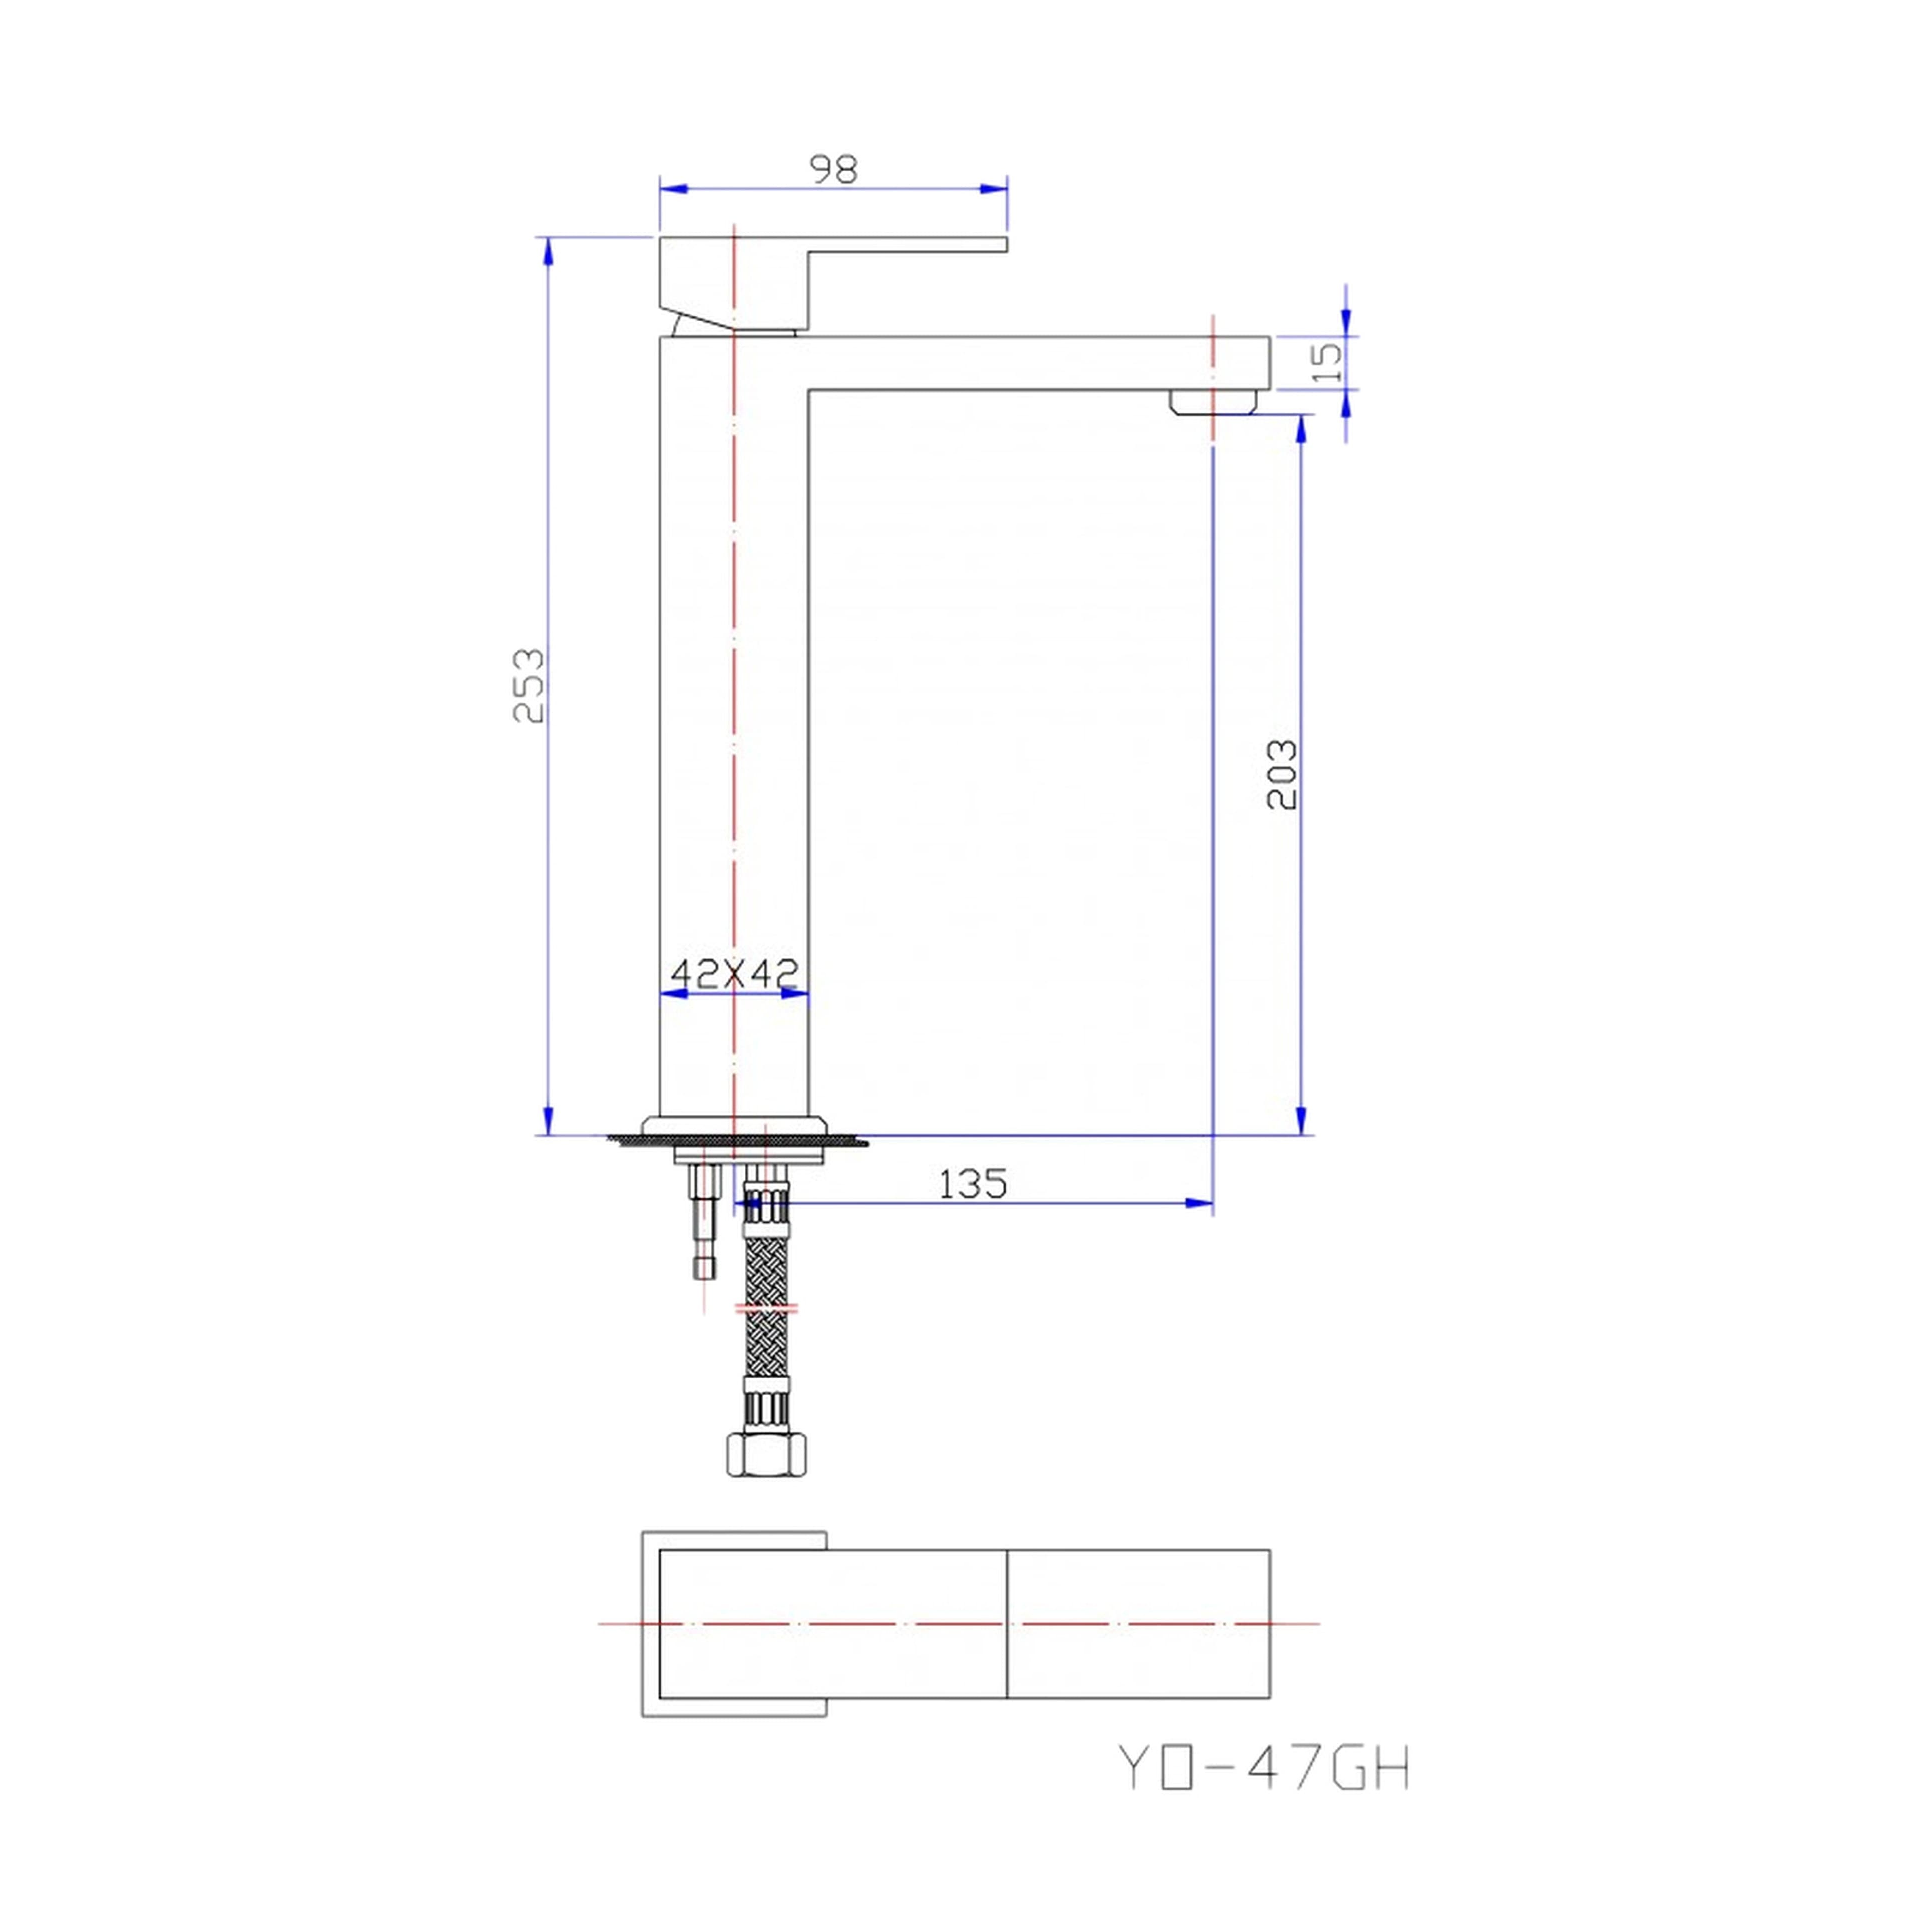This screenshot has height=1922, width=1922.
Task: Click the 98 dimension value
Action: click(x=834, y=169)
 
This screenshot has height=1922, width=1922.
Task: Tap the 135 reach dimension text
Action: click(x=972, y=1184)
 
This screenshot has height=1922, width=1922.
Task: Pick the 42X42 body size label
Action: click(x=734, y=972)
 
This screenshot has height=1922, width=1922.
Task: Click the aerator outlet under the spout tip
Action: click(x=1214, y=402)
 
